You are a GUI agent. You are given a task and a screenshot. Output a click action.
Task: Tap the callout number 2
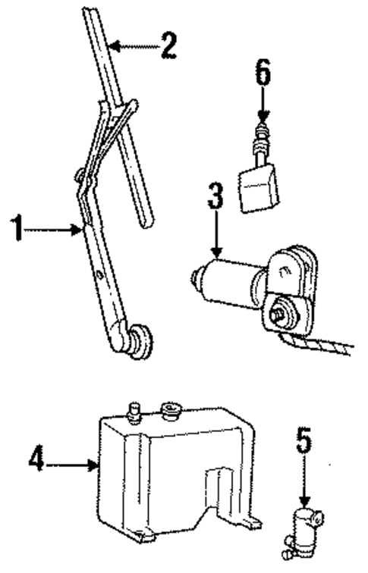click(168, 45)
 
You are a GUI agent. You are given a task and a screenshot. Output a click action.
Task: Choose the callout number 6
click(262, 76)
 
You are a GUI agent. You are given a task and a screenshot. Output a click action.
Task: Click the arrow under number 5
click(304, 485)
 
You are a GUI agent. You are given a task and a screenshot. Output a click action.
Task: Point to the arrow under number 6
click(262, 106)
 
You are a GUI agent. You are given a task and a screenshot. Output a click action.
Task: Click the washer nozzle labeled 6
click(257, 186)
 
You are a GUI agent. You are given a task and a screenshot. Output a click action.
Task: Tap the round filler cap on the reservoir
click(168, 412)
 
